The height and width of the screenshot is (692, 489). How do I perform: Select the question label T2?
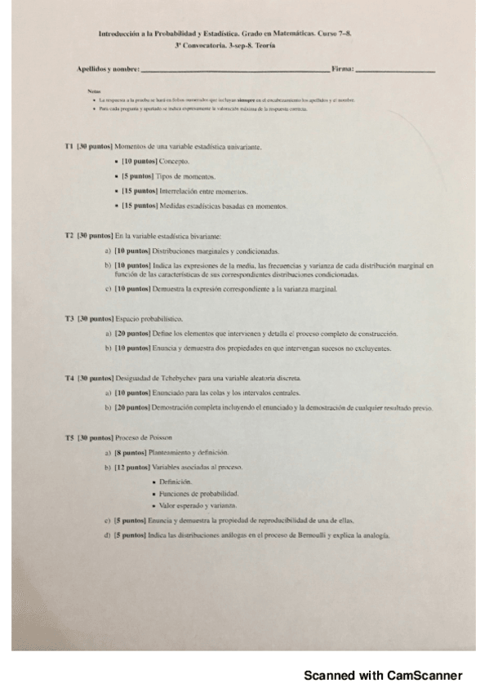click(69, 235)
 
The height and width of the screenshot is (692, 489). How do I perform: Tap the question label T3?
click(69, 318)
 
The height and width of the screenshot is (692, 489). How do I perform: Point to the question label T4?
click(69, 379)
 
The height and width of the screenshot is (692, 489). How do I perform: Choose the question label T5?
click(69, 438)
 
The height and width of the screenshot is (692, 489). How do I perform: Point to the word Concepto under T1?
click(173, 162)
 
